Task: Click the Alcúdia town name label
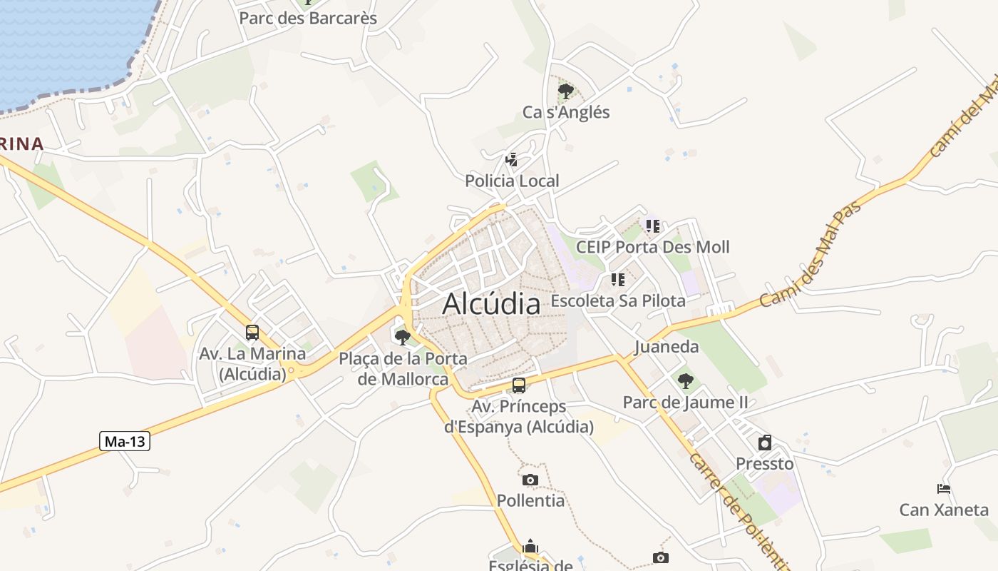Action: click(x=491, y=304)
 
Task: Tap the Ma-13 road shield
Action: click(x=125, y=441)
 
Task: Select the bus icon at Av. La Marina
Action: click(x=252, y=333)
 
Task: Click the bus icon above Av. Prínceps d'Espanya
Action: click(x=519, y=385)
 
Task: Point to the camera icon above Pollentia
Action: click(x=530, y=480)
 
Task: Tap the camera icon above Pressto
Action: click(x=765, y=443)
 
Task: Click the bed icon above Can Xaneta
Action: click(x=944, y=489)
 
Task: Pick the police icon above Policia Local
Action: click(x=511, y=160)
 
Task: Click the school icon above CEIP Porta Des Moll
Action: click(x=652, y=226)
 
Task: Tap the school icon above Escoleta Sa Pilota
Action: click(x=617, y=280)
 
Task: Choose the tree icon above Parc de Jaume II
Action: click(x=685, y=381)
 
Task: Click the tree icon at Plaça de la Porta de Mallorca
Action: click(x=403, y=337)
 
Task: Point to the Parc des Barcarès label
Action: click(x=308, y=18)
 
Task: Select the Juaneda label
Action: click(x=667, y=347)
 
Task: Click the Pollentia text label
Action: click(x=530, y=500)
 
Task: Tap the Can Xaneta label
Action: click(x=944, y=510)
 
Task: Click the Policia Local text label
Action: click(x=512, y=181)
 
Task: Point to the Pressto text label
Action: click(x=765, y=463)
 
